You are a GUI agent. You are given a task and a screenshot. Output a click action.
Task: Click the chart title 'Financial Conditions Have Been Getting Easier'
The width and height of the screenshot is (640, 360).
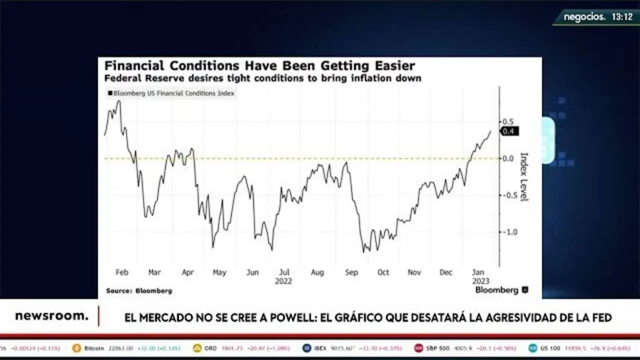coord(259,66)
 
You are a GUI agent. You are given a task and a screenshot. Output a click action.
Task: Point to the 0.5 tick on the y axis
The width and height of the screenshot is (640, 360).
coord(508,122)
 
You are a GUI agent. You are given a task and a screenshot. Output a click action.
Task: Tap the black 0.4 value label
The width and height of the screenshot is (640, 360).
coord(509,131)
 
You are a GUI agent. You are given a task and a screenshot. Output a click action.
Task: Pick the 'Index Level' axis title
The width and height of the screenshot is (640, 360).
coord(524,177)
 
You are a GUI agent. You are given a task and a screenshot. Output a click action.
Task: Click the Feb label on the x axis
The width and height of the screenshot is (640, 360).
coord(122,272)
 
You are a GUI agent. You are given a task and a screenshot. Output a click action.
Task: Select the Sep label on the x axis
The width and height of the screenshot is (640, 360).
coord(351,272)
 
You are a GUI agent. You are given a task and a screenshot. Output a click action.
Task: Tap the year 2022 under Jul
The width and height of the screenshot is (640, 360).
coord(283,281)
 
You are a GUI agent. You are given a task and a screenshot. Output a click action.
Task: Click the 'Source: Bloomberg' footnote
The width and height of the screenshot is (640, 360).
coord(139,290)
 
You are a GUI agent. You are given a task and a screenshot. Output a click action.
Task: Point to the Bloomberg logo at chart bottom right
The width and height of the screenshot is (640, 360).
coord(501,290)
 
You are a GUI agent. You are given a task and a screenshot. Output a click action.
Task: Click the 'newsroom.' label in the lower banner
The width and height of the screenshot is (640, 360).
coord(51,316)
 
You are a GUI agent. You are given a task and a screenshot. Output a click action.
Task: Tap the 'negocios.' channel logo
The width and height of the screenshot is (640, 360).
coord(584,17)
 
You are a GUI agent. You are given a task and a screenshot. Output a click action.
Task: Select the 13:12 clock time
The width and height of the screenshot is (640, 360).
coord(622,17)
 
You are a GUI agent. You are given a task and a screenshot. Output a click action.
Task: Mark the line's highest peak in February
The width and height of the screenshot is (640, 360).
coord(118,101)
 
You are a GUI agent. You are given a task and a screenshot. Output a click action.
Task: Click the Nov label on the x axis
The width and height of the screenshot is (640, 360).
coord(414,272)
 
